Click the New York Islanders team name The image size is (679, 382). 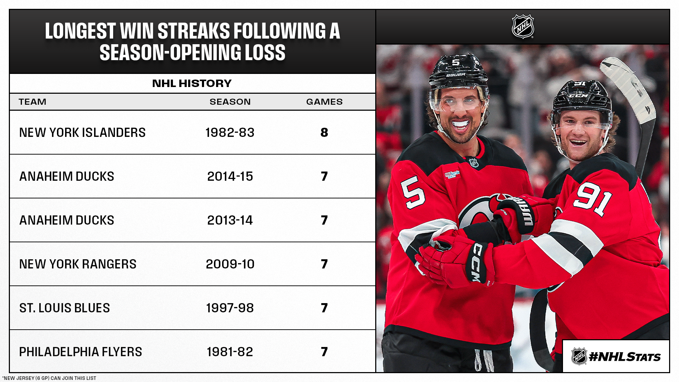(82, 133)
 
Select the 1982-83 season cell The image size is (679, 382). (230, 133)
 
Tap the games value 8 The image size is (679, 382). (324, 133)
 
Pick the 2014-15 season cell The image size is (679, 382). (230, 176)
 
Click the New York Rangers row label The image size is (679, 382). (78, 264)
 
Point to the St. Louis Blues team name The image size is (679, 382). (64, 308)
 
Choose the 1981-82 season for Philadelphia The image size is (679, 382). (230, 352)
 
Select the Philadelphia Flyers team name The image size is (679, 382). (81, 352)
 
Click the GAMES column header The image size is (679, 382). (324, 102)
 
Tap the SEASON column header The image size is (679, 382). (230, 102)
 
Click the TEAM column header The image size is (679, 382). (33, 102)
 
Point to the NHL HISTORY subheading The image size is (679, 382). (192, 83)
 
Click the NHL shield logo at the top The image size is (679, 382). (523, 27)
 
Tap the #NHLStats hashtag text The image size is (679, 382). (625, 357)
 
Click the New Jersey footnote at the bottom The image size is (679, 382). (49, 378)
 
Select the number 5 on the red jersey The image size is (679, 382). (413, 193)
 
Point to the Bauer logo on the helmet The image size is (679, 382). (455, 75)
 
